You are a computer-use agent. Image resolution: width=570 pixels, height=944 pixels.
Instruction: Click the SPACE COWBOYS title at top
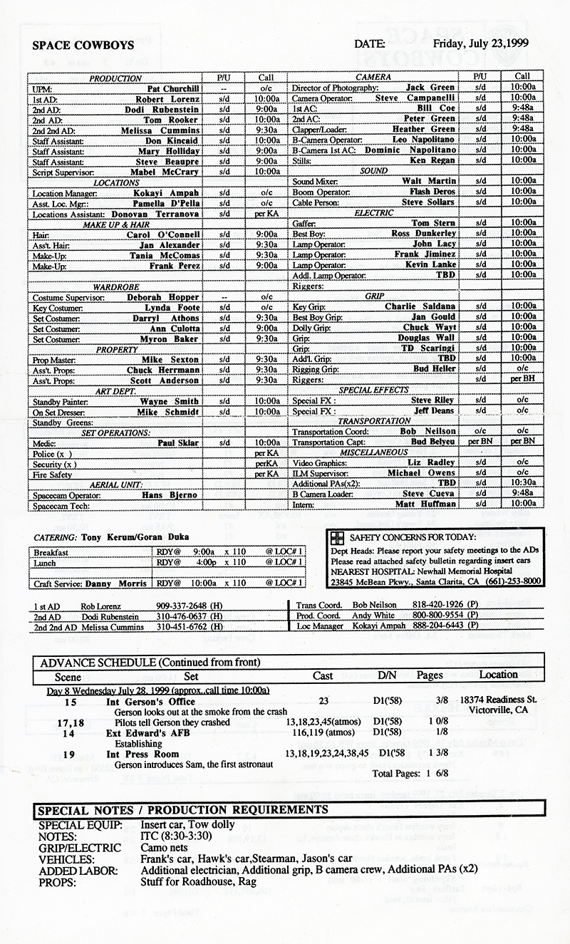tap(83, 45)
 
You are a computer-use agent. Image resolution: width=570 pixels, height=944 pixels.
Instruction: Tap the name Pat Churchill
tap(172, 88)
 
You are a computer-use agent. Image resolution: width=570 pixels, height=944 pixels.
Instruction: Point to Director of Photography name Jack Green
tap(430, 88)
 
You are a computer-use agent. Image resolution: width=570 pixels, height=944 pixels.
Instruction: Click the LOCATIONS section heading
tap(116, 182)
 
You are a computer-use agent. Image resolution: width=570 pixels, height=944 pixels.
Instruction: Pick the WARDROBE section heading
tap(116, 287)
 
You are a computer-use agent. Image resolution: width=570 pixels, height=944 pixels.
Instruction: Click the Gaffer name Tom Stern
tap(434, 223)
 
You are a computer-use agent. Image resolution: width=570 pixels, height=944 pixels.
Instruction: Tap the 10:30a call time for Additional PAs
tap(522, 483)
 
